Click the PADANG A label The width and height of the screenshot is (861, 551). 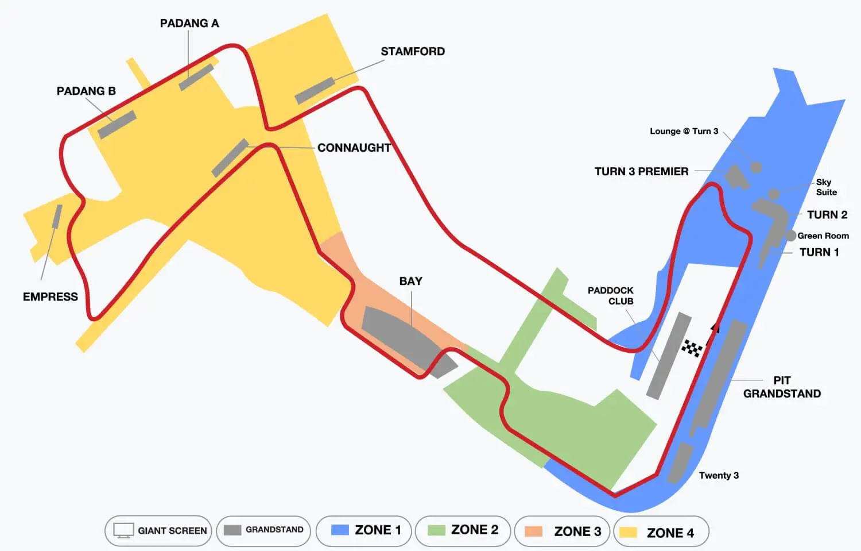coord(189,24)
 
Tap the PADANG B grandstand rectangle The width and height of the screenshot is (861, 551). coord(117,125)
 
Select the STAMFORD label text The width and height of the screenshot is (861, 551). coord(413,52)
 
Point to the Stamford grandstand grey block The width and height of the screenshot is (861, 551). coord(315,91)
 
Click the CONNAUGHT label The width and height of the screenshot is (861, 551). coord(354,148)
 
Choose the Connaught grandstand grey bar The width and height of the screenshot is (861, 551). coord(230,157)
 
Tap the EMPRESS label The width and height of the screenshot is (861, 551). coord(51,296)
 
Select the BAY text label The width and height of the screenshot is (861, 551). coord(410,281)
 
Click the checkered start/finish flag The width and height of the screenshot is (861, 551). coord(692,348)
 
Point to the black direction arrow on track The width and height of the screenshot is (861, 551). coord(715,328)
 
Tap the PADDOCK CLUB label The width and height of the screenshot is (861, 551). coord(611,295)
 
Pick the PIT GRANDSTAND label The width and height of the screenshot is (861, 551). coord(782,387)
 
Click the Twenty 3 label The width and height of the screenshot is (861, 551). coord(719,475)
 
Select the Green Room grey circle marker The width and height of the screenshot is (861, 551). coord(790,236)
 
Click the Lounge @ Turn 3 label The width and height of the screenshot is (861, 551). coord(684,131)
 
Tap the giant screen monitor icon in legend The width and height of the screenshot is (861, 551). coord(123,530)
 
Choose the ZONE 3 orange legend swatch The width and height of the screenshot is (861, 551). coord(534,531)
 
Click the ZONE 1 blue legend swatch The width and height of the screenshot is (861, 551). coord(340,530)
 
